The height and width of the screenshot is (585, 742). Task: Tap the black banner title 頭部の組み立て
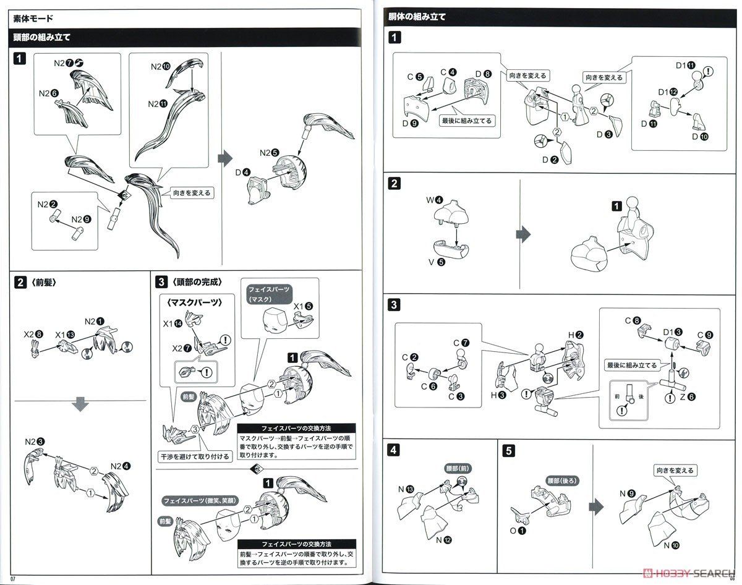41,37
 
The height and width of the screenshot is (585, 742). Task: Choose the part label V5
435,262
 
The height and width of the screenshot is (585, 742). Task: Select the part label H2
575,335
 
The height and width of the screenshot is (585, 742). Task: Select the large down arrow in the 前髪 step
81,405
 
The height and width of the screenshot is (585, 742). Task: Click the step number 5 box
508,451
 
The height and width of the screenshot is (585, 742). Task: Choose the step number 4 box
394,451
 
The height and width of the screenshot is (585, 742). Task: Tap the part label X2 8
33,335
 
